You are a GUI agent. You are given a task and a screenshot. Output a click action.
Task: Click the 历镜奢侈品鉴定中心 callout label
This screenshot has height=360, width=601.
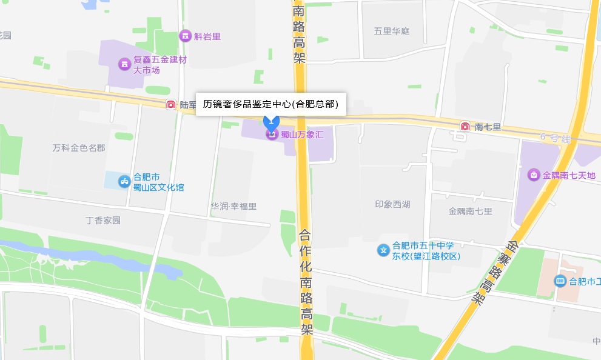[270, 104]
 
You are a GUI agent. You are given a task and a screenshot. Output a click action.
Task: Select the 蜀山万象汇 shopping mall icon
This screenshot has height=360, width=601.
[272, 134]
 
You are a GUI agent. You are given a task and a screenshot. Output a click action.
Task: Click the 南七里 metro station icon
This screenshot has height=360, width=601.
[465, 127]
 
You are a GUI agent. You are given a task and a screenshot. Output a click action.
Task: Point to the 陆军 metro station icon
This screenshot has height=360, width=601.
[171, 105]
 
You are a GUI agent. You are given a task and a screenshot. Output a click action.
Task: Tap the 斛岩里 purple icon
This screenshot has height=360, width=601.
[185, 36]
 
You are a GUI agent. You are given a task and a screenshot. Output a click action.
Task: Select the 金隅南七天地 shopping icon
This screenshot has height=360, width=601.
[534, 175]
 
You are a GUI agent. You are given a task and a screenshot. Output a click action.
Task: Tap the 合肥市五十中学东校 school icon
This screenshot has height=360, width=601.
[383, 250]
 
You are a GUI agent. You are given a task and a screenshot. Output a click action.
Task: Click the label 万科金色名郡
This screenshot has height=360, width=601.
[79, 148]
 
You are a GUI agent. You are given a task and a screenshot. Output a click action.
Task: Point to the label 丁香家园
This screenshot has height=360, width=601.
[103, 220]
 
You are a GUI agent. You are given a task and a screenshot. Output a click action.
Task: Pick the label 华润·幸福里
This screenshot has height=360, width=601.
[233, 206]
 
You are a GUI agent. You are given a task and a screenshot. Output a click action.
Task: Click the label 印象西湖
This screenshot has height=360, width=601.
[392, 204]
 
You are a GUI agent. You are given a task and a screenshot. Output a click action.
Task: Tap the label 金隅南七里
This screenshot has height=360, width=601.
[470, 212]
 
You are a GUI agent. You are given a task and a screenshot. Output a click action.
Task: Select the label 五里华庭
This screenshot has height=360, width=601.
[392, 31]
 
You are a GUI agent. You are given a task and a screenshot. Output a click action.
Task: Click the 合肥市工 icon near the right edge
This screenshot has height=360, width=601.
[560, 281]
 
